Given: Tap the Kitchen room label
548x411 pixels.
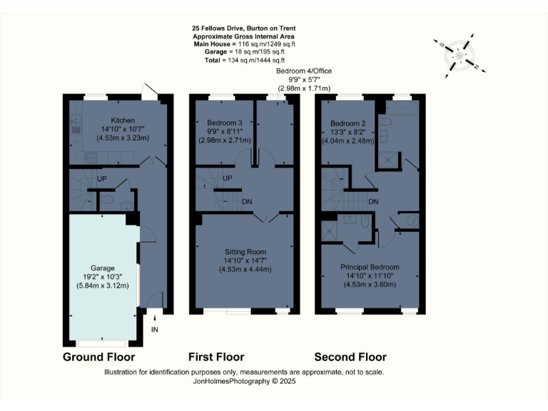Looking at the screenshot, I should [x=118, y=120].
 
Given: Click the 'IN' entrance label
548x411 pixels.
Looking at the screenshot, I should [x=155, y=329].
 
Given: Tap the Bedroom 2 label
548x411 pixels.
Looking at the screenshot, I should [x=347, y=123].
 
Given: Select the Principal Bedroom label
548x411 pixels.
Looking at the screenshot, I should [x=370, y=267].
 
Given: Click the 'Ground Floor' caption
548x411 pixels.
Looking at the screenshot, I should [x=98, y=357].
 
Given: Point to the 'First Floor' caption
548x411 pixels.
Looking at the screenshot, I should [x=216, y=357].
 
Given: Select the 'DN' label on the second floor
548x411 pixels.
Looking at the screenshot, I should [x=372, y=201].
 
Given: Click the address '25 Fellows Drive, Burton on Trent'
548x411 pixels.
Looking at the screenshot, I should [x=244, y=29].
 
